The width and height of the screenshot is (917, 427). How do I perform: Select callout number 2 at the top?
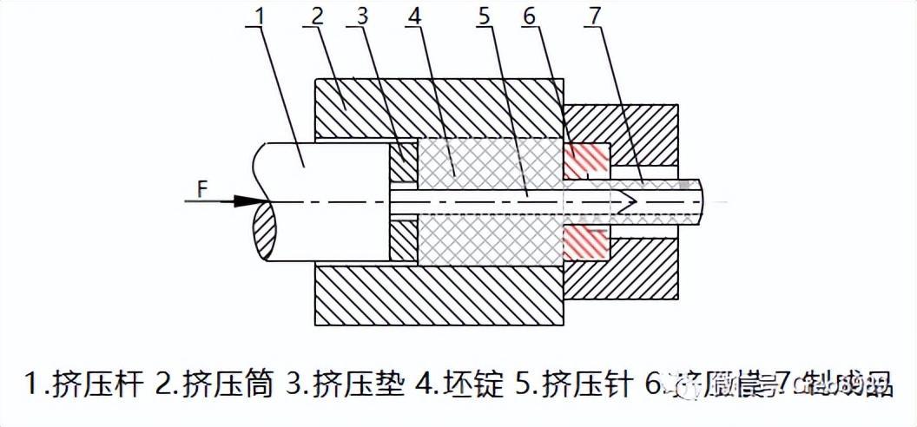coord(317,15)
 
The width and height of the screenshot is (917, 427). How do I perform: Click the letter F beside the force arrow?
coord(201,187)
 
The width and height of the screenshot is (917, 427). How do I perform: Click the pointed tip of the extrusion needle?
coord(639,200)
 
